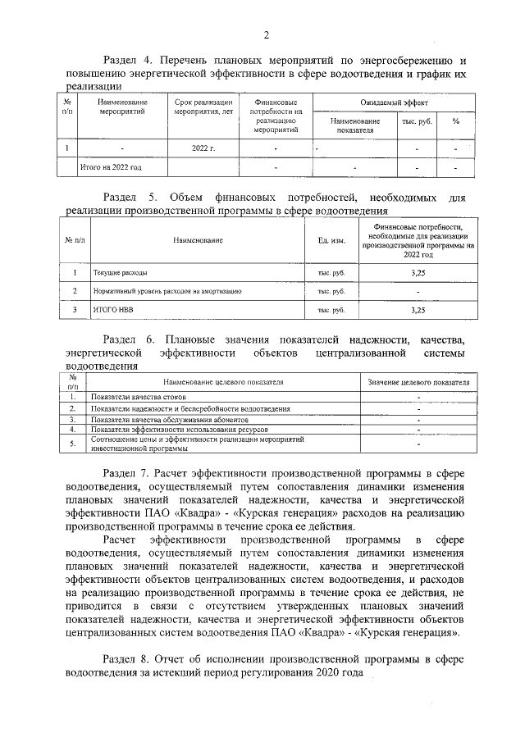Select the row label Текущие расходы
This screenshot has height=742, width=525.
point(121,272)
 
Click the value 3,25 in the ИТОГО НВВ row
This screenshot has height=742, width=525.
point(418,310)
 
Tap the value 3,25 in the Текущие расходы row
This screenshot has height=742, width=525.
point(418,272)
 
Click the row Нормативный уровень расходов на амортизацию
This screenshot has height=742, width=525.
point(167,291)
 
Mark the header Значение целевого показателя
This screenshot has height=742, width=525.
point(418,382)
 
